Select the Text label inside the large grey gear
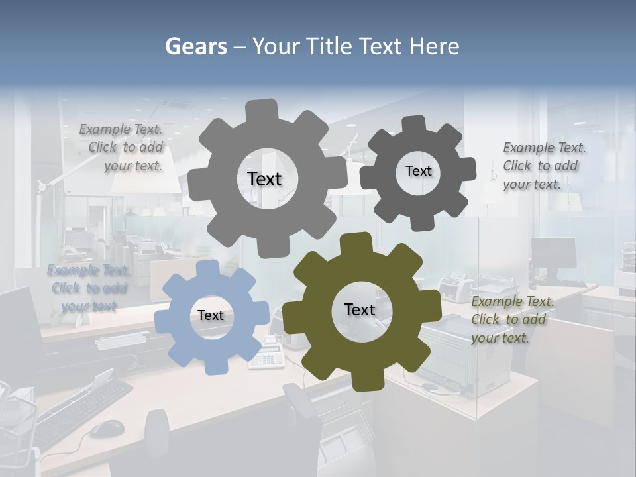point(264,179)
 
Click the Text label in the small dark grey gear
point(418,171)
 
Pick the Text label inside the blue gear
point(211,315)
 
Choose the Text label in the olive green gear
point(360,309)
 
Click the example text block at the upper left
point(122,148)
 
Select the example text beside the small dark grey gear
point(543,166)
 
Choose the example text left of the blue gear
point(88,288)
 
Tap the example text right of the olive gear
point(511,319)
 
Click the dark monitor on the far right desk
point(554,254)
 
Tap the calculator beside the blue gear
point(268,353)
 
